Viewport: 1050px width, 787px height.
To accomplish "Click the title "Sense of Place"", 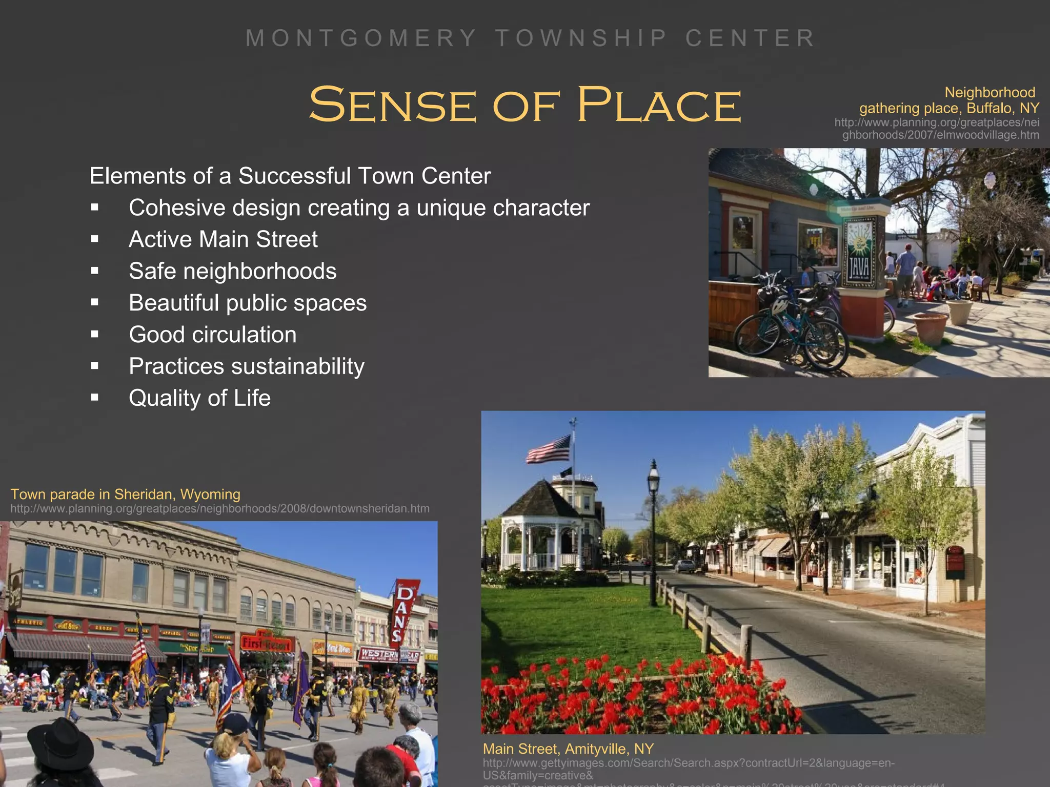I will click(x=525, y=105).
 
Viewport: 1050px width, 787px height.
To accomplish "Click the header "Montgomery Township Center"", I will click(x=531, y=38).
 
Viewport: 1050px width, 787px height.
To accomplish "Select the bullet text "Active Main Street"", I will click(x=223, y=239).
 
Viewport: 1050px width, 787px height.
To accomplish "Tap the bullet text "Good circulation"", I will click(x=213, y=335).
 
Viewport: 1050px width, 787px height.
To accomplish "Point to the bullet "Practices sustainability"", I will click(x=247, y=366).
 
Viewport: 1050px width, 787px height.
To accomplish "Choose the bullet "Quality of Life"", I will click(x=199, y=398).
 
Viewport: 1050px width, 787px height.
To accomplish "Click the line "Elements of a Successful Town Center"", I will click(x=290, y=176).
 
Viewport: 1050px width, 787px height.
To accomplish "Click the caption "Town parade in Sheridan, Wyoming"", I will click(x=125, y=494).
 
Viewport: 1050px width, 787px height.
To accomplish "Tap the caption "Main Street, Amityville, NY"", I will click(x=568, y=749).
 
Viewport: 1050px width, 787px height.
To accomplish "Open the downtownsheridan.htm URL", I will click(x=220, y=509).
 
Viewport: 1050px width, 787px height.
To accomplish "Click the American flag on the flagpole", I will click(x=549, y=449).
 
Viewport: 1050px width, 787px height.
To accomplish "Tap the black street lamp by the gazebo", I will click(x=653, y=533).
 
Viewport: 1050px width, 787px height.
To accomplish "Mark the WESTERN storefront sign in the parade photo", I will click(x=379, y=654).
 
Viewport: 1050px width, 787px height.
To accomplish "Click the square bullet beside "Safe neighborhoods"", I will click(x=95, y=271).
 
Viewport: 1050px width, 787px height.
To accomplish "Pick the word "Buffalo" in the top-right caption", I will click(x=990, y=108).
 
